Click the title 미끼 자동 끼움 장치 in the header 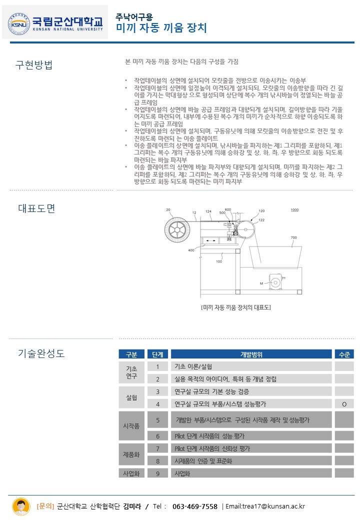coord(161,27)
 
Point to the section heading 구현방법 coord(34,65)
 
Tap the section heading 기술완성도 coord(41,354)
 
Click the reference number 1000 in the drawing coord(294,210)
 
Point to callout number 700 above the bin coord(293,237)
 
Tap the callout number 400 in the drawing coord(191,250)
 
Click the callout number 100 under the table coord(219,261)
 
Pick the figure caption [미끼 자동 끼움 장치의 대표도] coord(235,307)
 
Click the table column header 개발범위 coord(251,354)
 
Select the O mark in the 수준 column coord(344,404)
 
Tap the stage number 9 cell coord(158,473)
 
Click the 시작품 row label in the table coord(131,425)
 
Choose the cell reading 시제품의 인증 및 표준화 coord(203,460)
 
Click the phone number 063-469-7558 coord(195,506)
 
